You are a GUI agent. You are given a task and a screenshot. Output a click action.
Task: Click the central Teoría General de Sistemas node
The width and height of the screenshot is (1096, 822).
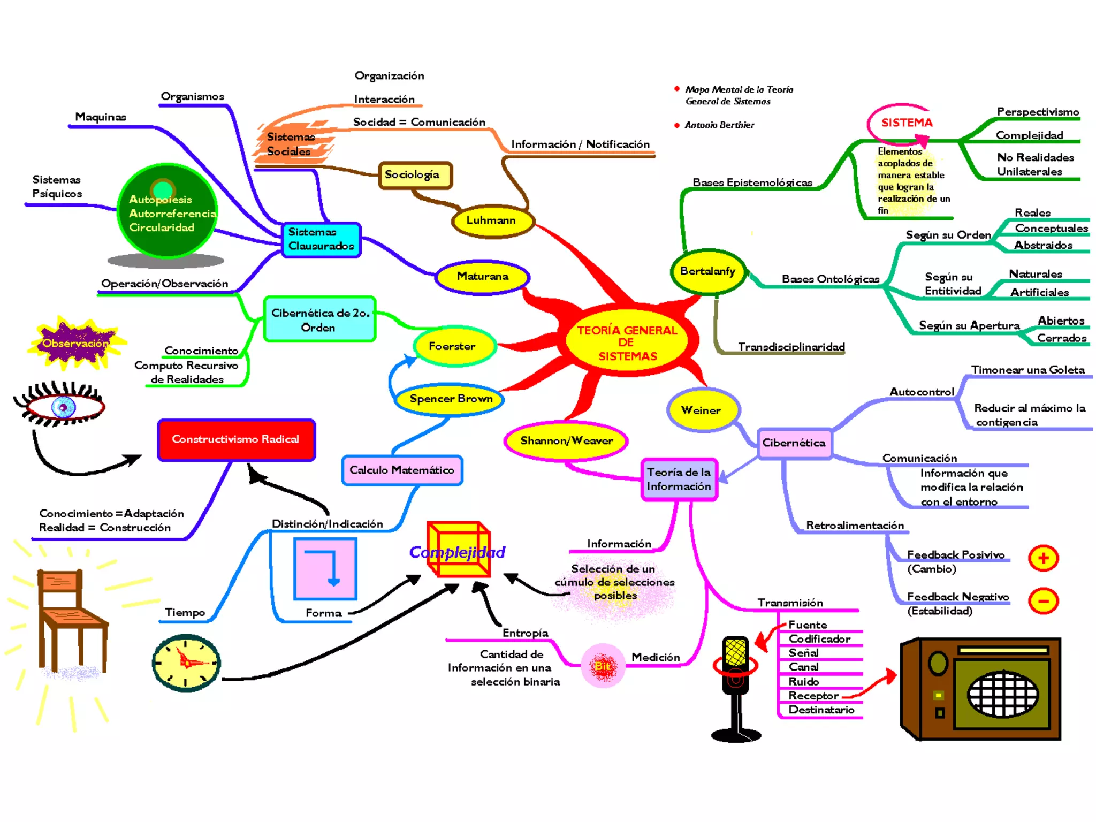pyautogui.click(x=627, y=342)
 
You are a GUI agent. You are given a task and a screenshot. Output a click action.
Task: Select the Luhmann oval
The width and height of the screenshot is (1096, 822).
pyautogui.click(x=492, y=220)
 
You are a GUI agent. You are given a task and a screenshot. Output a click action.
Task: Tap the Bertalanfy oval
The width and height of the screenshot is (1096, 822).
pyautogui.click(x=707, y=271)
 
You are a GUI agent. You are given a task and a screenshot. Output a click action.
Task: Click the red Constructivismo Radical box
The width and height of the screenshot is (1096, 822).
pyautogui.click(x=236, y=439)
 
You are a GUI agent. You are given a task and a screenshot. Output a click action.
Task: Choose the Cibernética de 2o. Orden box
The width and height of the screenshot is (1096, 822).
pyautogui.click(x=320, y=319)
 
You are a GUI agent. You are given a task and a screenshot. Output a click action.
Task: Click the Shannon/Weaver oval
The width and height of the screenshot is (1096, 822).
pyautogui.click(x=566, y=440)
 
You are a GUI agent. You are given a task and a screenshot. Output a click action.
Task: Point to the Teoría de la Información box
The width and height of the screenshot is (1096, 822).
pyautogui.click(x=679, y=479)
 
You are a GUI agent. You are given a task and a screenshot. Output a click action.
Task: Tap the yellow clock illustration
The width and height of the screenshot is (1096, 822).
pyautogui.click(x=186, y=663)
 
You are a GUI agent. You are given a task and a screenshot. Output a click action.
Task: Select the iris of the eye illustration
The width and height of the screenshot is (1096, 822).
pyautogui.click(x=63, y=408)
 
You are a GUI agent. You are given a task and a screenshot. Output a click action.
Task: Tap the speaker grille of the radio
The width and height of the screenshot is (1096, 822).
pyautogui.click(x=1002, y=694)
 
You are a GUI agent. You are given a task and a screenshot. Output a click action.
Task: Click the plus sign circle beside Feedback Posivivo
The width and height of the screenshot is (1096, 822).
pyautogui.click(x=1043, y=558)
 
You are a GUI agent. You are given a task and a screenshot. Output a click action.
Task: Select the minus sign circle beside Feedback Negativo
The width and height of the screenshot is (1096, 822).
pyautogui.click(x=1043, y=601)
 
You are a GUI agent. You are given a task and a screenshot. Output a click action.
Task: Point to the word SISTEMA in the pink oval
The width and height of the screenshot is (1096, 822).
pyautogui.click(x=907, y=123)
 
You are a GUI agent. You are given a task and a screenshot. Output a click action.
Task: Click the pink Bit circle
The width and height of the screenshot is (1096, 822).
pyautogui.click(x=603, y=666)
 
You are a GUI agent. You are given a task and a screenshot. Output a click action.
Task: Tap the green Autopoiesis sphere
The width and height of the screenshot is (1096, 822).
pyautogui.click(x=167, y=211)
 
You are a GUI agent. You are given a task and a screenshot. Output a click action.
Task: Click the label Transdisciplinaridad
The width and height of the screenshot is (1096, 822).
pyautogui.click(x=791, y=347)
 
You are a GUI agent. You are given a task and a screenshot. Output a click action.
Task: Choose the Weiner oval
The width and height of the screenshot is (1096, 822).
pyautogui.click(x=702, y=410)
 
